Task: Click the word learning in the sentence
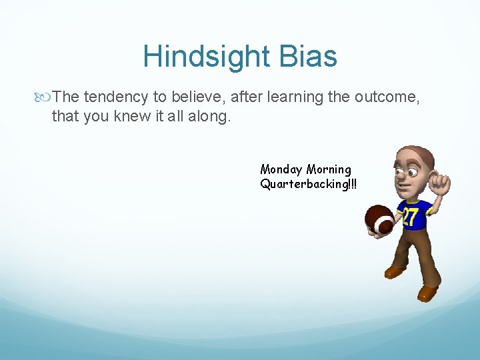tap(294, 97)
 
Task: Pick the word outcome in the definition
tap(386, 97)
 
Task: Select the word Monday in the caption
tap(281, 169)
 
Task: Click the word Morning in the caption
tap(329, 169)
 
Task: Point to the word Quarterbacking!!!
tap(308, 184)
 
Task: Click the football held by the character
tap(379, 221)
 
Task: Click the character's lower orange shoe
tap(427, 292)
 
